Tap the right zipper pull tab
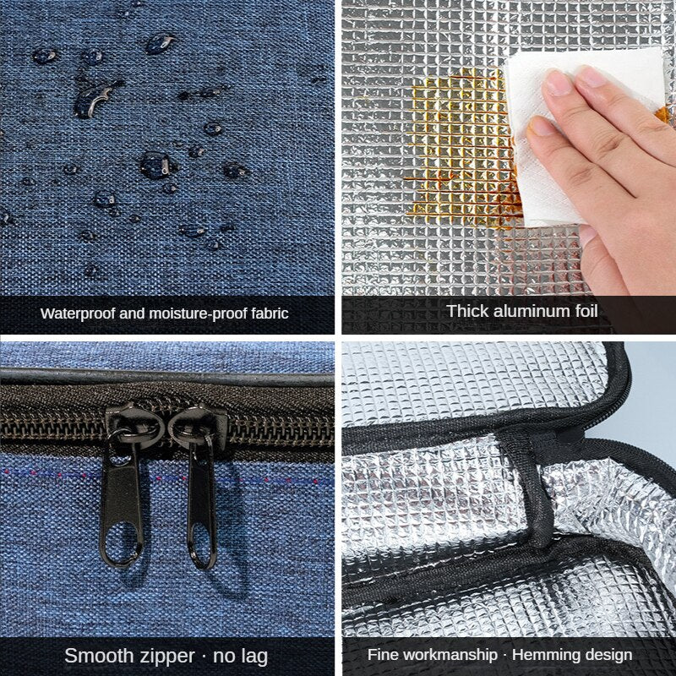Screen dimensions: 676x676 [202, 496]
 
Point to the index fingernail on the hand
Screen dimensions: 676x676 [556, 83]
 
